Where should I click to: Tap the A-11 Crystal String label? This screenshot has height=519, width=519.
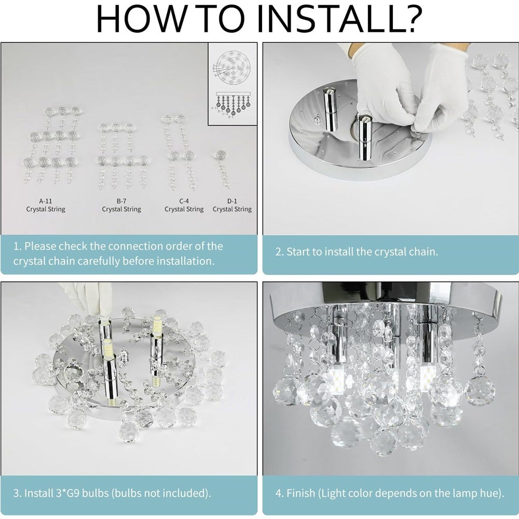pos(46,205)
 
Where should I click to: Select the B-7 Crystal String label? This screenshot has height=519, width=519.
pos(121,205)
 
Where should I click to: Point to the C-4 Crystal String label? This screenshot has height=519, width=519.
pos(184,205)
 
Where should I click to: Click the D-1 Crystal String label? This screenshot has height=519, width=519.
pos(232,205)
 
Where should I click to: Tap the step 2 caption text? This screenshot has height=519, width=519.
pos(357,252)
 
